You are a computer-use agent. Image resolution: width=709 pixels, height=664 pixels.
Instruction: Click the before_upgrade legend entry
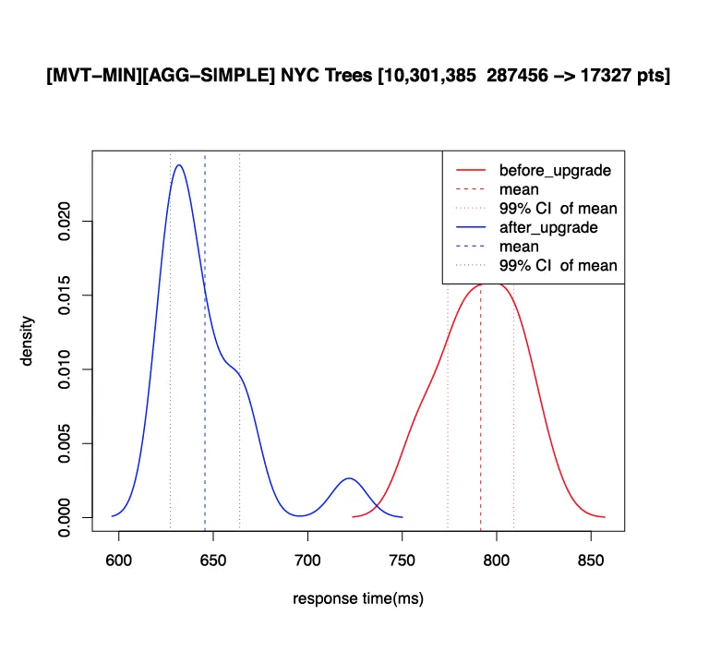[555, 171]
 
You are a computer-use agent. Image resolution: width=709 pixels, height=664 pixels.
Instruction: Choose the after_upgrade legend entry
[548, 227]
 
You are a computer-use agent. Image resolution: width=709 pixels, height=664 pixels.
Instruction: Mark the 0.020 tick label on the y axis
[65, 222]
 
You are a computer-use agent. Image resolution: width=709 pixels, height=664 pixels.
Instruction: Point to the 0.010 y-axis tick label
[65, 369]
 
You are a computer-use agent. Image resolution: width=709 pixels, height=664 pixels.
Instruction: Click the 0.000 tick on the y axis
[65, 516]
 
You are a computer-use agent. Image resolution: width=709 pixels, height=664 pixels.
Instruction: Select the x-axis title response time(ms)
[358, 599]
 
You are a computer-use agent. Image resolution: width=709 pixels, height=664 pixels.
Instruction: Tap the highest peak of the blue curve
[178, 166]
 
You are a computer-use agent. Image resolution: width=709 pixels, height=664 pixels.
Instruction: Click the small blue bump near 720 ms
[349, 479]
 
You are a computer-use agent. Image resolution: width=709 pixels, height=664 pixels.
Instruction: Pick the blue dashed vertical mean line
[205, 388]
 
